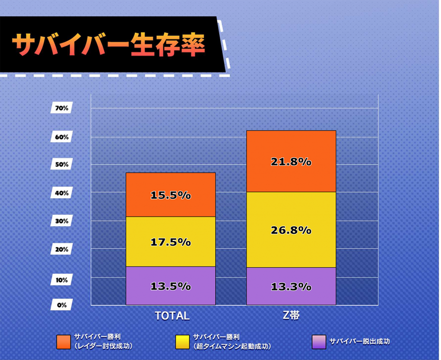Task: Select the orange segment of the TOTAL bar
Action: click(171, 183)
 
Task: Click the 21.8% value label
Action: click(291, 162)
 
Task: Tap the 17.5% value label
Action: click(171, 242)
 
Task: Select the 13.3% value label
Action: click(291, 287)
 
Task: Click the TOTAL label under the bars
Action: click(172, 316)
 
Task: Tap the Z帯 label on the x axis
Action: click(291, 316)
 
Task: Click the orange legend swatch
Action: click(64, 341)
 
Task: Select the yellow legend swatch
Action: click(183, 341)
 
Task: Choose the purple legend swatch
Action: click(318, 341)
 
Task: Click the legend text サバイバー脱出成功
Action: click(359, 341)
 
